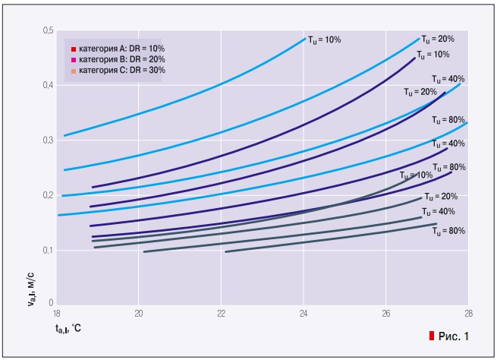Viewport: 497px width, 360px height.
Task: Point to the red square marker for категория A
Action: point(74,49)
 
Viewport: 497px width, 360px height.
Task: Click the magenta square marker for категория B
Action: point(74,59)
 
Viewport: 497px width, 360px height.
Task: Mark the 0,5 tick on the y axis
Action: point(49,30)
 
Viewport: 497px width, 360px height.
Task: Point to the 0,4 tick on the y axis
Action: point(49,85)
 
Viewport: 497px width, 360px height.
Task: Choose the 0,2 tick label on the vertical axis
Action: point(49,195)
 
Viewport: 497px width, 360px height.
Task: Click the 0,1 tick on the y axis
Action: point(49,250)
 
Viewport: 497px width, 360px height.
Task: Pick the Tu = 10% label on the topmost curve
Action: point(323,39)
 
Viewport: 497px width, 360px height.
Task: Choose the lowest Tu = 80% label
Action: point(448,231)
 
